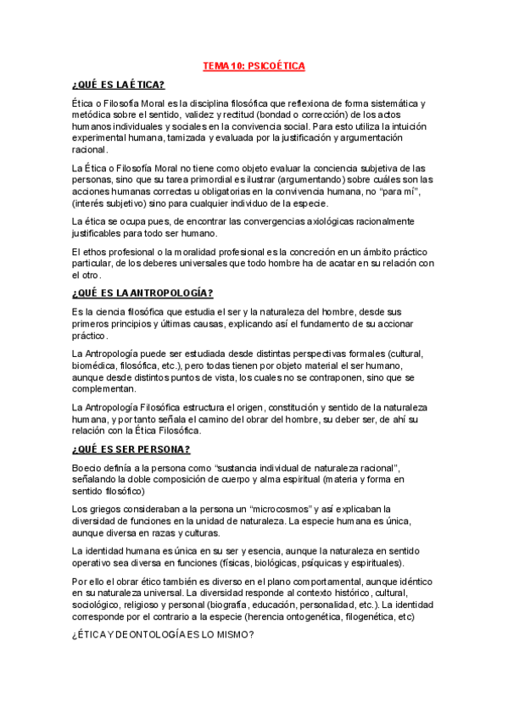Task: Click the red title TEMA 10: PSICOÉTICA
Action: tap(254, 65)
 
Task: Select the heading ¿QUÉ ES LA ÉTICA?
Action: tap(119, 84)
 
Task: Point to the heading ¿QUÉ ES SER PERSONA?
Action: tap(131, 449)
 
